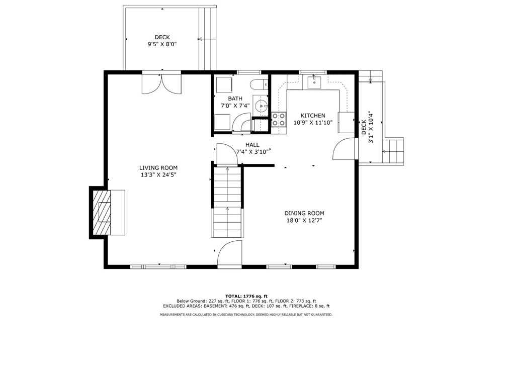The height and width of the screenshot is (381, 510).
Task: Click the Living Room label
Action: pyautogui.click(x=158, y=168)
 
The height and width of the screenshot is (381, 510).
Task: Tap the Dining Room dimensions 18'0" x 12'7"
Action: pyautogui.click(x=304, y=220)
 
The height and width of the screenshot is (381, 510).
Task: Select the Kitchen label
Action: pyautogui.click(x=312, y=116)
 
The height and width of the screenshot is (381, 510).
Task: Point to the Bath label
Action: pyautogui.click(x=235, y=99)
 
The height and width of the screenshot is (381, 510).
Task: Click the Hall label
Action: pyautogui.click(x=252, y=145)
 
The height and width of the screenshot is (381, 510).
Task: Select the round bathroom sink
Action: pyautogui.click(x=261, y=106)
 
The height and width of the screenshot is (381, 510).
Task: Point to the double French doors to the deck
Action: pyautogui.click(x=161, y=83)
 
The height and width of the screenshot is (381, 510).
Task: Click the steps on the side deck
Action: pyautogui.click(x=393, y=151)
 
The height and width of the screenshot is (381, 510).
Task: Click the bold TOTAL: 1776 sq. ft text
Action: pyautogui.click(x=246, y=296)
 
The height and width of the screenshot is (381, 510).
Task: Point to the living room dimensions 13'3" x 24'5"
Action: pyautogui.click(x=158, y=175)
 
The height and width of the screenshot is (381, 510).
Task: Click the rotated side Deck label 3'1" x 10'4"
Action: pyautogui.click(x=367, y=127)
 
